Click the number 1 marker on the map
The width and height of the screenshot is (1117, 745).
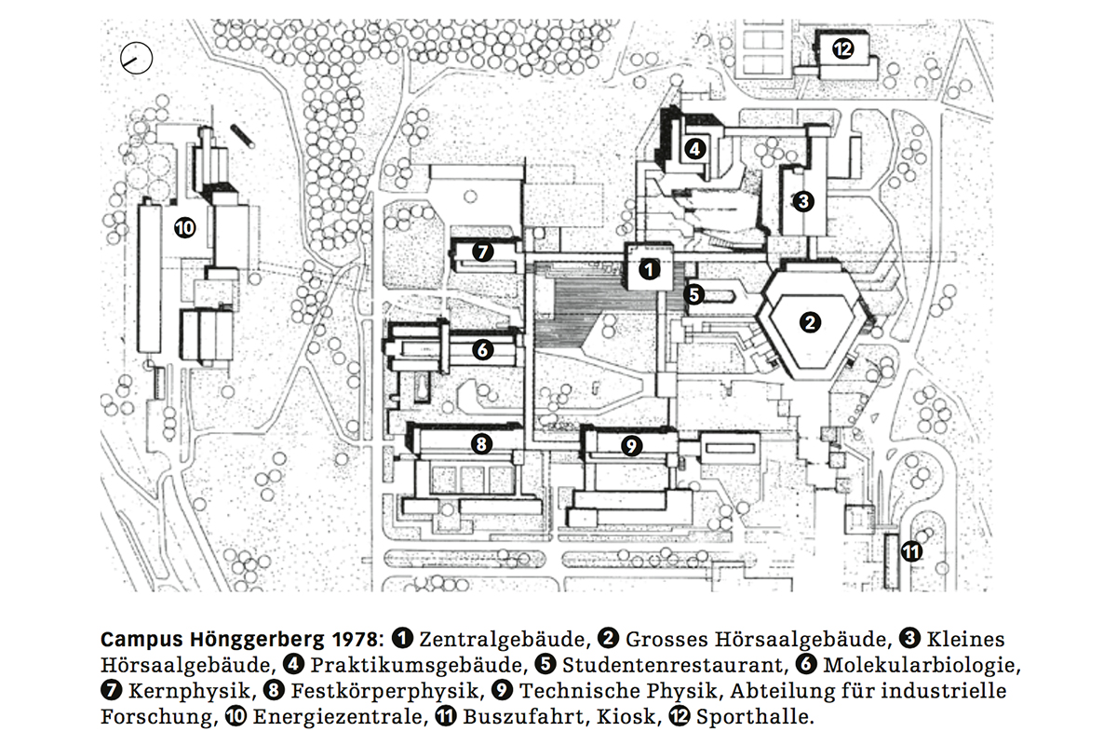pyautogui.click(x=649, y=270)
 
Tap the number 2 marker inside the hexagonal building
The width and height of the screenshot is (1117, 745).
pyautogui.click(x=810, y=322)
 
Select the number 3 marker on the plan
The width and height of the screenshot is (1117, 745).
pyautogui.click(x=802, y=201)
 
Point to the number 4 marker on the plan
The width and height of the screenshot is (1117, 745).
pyautogui.click(x=694, y=149)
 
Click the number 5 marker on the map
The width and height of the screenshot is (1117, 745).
pyautogui.click(x=693, y=295)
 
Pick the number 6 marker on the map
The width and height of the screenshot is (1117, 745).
pyautogui.click(x=482, y=350)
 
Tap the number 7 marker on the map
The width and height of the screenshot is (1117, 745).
pyautogui.click(x=482, y=251)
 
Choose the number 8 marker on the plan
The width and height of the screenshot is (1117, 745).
pyautogui.click(x=481, y=443)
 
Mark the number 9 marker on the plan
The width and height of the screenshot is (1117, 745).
pyautogui.click(x=631, y=445)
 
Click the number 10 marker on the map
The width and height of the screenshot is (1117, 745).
pyautogui.click(x=184, y=228)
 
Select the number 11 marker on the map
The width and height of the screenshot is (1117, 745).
pyautogui.click(x=911, y=552)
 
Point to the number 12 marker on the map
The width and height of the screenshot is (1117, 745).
pyautogui.click(x=842, y=49)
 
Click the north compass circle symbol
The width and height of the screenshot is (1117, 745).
pyautogui.click(x=136, y=59)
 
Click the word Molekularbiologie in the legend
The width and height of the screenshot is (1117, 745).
pyautogui.click(x=922, y=665)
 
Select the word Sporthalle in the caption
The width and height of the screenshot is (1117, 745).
pyautogui.click(x=755, y=717)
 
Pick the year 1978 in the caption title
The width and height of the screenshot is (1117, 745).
pyautogui.click(x=358, y=639)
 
